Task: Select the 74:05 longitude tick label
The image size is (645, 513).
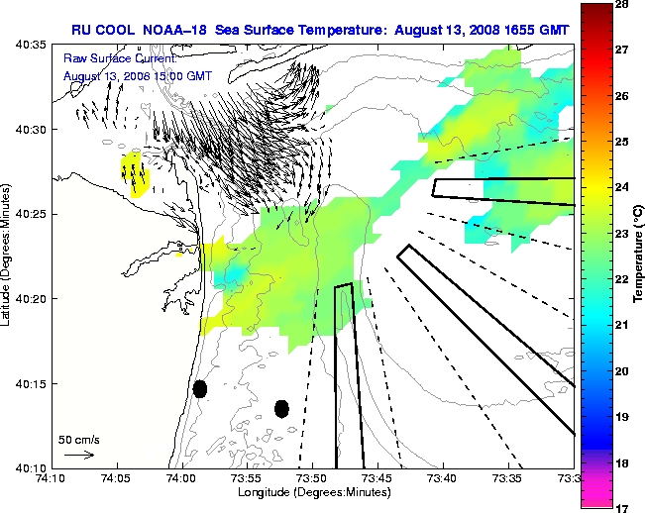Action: point(117,478)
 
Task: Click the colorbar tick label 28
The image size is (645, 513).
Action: point(620,6)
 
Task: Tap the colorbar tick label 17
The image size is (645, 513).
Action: point(620,507)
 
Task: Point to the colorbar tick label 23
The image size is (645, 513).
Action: point(620,234)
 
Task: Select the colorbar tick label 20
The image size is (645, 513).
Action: point(620,370)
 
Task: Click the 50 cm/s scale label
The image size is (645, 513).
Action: point(76,438)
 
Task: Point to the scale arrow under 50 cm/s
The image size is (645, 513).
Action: point(78,455)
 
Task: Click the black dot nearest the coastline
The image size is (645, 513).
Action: point(199,389)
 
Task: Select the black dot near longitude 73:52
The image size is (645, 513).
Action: point(281,408)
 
